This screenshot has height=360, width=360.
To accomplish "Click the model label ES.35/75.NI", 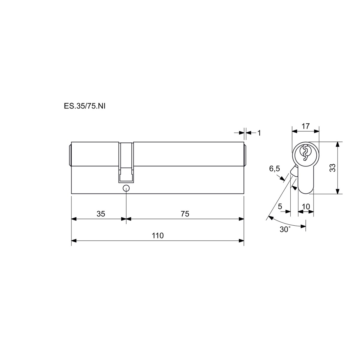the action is (85, 106).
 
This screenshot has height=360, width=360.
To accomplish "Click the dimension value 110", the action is (158, 235).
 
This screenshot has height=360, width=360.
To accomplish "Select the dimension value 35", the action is (101, 214).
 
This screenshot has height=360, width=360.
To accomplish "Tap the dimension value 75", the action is (185, 214).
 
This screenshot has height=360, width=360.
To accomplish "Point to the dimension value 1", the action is (259, 133).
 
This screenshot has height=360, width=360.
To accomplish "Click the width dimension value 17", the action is (306, 126).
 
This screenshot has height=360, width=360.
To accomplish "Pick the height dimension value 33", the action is (333, 168).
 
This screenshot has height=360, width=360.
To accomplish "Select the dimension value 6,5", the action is (274, 169).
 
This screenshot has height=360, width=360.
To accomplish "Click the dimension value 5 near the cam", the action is (280, 206).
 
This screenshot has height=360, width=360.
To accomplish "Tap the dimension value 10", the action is (306, 207).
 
